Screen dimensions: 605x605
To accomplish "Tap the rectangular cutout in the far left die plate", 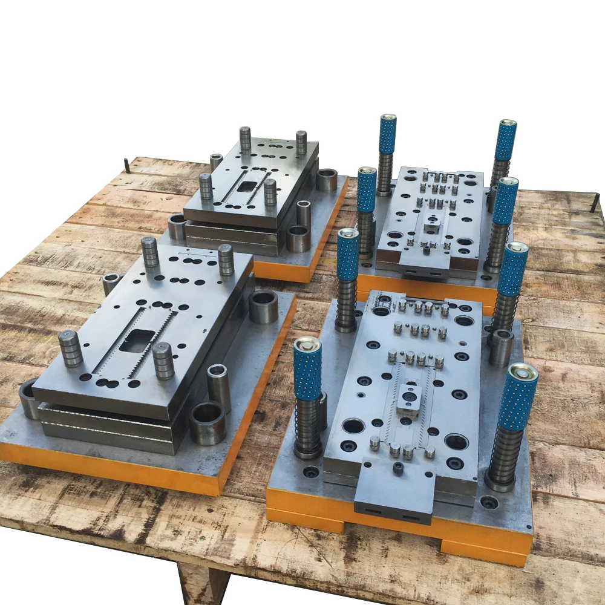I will [247, 186].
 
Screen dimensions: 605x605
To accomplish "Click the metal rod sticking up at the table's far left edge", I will [126, 165].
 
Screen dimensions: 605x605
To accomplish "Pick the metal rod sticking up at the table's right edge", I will [594, 202].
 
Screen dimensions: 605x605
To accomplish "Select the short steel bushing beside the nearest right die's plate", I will [501, 348].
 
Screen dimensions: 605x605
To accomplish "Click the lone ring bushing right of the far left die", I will [327, 180].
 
